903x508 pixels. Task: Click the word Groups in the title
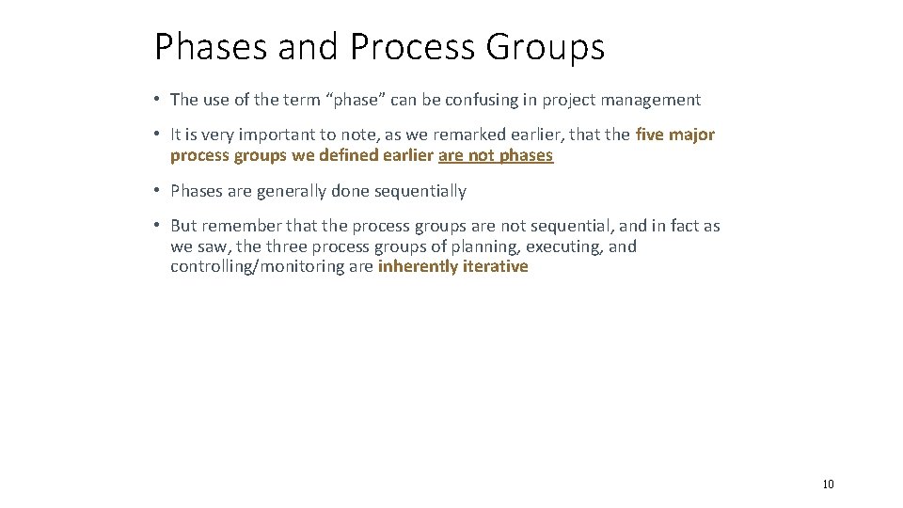547,47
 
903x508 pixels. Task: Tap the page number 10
828,484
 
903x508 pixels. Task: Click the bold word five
651,135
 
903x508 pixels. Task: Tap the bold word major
692,135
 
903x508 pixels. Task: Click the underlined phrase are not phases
496,156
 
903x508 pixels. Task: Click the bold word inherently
416,267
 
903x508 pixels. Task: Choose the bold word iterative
494,267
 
